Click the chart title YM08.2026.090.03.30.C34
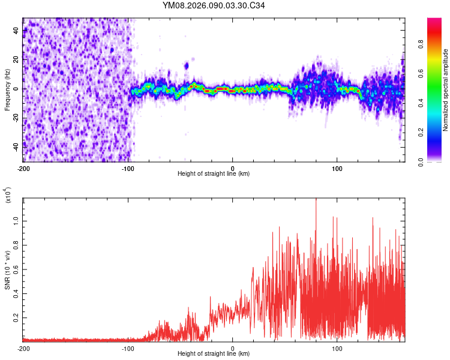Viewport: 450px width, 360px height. tap(214, 6)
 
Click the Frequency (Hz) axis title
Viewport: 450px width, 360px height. tap(7, 90)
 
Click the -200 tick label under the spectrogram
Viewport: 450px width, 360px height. tap(23, 168)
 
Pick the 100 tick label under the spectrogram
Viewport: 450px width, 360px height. tap(337, 168)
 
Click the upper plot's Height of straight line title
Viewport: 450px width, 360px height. tap(214, 174)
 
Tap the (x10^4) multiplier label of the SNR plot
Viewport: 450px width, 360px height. tap(8, 196)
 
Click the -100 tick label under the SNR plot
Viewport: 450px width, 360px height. tap(128, 348)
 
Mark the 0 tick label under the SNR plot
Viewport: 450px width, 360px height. tap(233, 348)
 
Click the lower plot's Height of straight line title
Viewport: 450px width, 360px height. tap(214, 354)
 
